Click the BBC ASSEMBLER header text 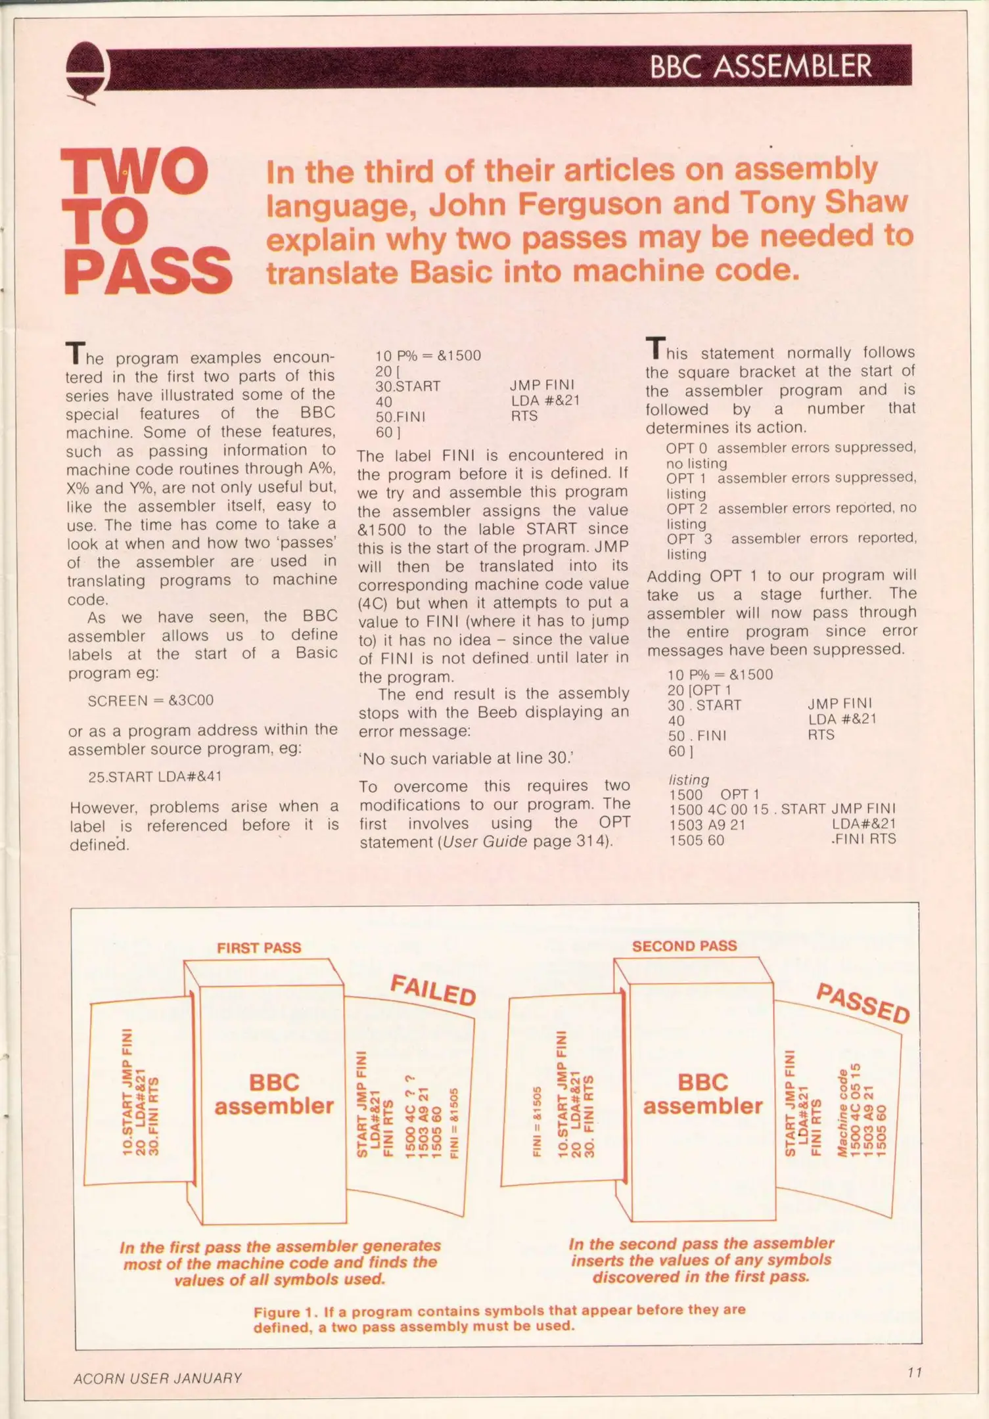coord(760,66)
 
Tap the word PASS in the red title coord(148,271)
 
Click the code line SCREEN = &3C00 coord(150,700)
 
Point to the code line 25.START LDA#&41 coord(155,777)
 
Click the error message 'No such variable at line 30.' coord(466,758)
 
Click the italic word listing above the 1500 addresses coord(689,780)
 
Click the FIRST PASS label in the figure coord(259,947)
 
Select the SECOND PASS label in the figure coord(684,946)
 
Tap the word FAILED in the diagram coord(433,990)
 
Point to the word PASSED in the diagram coord(863,1004)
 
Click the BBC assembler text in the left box coord(274,1094)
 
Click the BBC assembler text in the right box coord(702,1094)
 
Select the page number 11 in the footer coord(914,1372)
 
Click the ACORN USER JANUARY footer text coord(158,1378)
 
